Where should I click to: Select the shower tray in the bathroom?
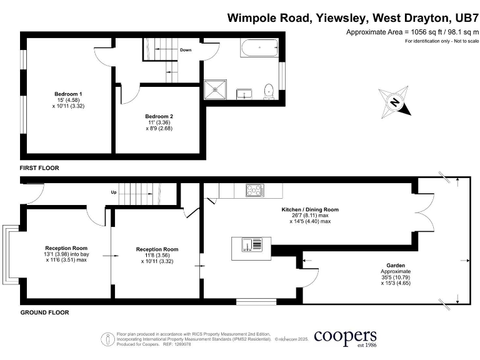tap(217, 90)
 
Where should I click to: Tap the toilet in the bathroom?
tap(269, 91)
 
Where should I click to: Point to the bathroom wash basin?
tap(243, 94)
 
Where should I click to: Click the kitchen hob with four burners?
tap(255, 191)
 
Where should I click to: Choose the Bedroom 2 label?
tap(159, 116)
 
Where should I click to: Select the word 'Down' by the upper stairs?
tap(186, 49)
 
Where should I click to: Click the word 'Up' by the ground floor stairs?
tap(113, 192)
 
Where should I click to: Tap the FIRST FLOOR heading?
tap(42, 168)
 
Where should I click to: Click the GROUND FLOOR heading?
tap(44, 312)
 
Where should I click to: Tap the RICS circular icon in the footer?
tap(107, 339)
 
